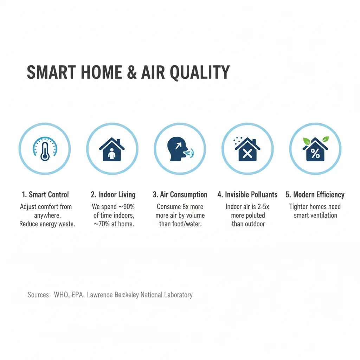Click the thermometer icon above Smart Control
[45, 149]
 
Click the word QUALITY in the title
[200, 72]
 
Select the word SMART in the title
[51, 72]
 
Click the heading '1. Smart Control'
[45, 195]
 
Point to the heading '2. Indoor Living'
[113, 195]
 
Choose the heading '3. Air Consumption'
[180, 195]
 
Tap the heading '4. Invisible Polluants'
[247, 195]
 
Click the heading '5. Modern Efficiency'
[315, 195]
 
